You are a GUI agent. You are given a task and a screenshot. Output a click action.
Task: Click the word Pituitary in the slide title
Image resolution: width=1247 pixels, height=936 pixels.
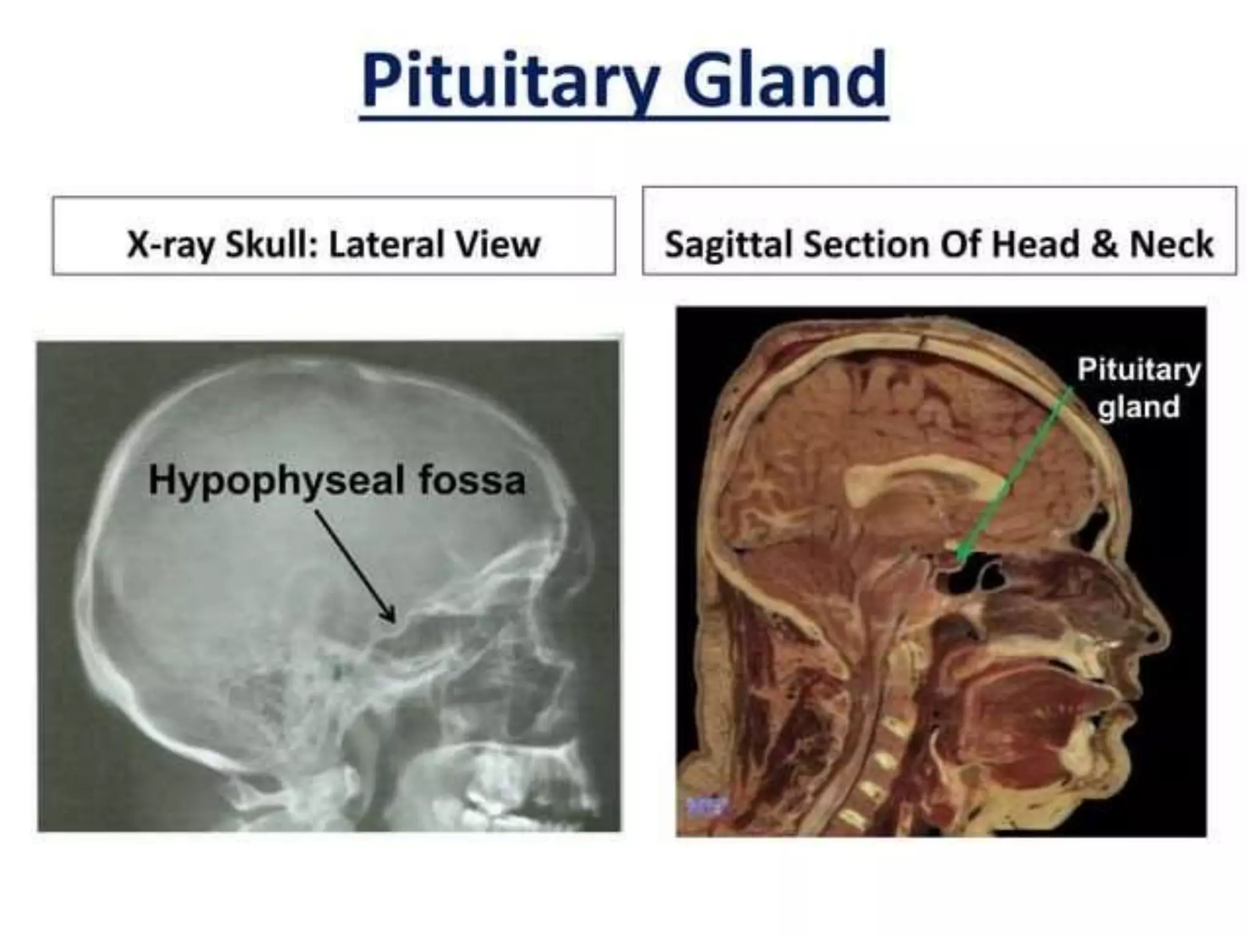tap(509, 80)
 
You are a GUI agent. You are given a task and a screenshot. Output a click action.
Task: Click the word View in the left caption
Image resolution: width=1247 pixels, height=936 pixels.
tap(493, 244)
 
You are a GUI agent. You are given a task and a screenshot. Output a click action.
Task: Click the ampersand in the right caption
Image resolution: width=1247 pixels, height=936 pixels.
tap(1105, 244)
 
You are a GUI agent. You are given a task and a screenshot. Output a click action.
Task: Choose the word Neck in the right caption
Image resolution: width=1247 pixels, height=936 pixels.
tap(1171, 244)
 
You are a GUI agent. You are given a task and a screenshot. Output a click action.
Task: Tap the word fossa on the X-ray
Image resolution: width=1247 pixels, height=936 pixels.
tap(472, 481)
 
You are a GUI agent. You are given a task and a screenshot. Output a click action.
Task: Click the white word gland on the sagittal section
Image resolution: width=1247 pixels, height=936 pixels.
tap(1139, 407)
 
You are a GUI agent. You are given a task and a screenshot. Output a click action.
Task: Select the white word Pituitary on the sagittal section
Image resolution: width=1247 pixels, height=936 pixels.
tap(1139, 369)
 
